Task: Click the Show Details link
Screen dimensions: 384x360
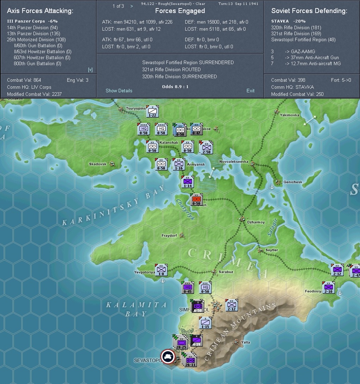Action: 119,91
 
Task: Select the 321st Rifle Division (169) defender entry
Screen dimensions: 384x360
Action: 291,33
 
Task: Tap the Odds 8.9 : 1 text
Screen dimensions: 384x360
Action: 180,87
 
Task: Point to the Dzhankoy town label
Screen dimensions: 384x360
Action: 256,222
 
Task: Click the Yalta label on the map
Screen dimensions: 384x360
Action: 246,342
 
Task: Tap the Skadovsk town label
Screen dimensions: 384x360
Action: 98,164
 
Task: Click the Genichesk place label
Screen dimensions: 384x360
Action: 293,182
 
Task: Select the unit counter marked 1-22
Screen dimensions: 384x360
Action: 152,112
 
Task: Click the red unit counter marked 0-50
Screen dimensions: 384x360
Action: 197,200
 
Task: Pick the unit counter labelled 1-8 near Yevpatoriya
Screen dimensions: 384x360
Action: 161,270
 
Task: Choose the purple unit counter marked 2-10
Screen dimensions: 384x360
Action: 328,287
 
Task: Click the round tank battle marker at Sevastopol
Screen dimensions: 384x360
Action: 168,357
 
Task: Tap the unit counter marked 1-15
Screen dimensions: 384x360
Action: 205,323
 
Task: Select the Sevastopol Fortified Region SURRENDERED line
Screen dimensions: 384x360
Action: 188,62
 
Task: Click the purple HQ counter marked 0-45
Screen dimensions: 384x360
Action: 188,287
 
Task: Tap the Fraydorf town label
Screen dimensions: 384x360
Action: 169,235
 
